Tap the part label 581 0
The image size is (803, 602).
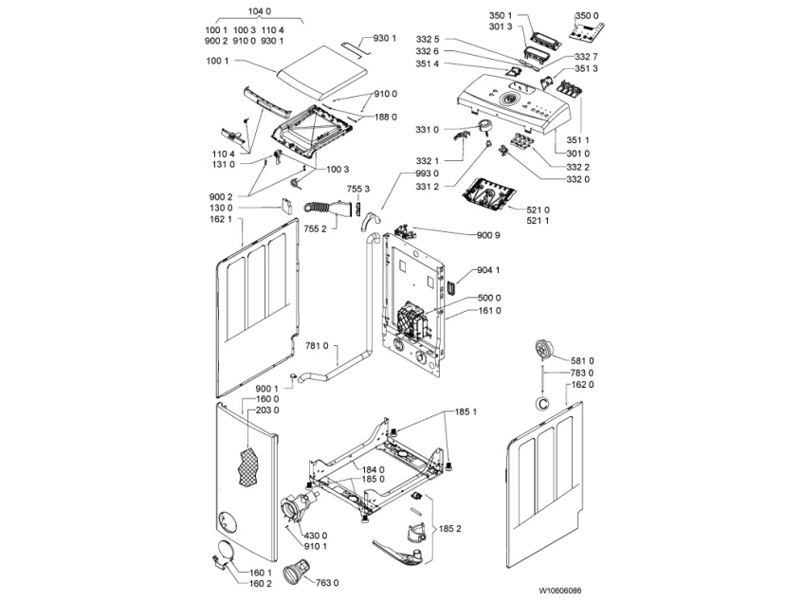pos(582,360)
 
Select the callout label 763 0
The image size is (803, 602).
pos(327,582)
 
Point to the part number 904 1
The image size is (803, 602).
pos(489,269)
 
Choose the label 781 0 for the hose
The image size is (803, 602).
pos(317,346)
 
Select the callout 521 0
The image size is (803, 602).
pos(538,209)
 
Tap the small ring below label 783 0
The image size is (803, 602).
pos(542,403)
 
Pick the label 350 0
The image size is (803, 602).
pos(589,16)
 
